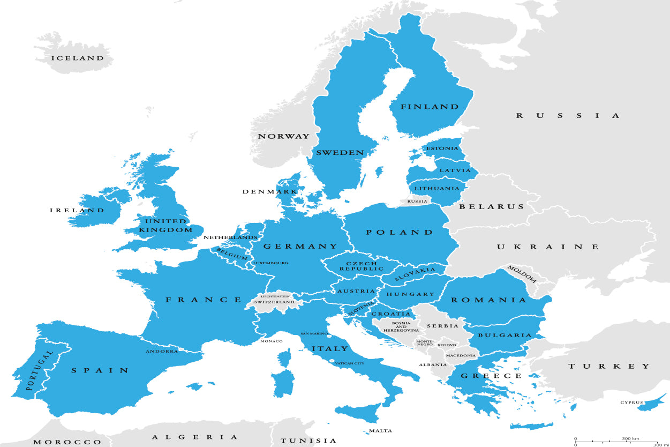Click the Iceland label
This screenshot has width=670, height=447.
coord(77,58)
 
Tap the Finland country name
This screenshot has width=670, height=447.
coord(430,107)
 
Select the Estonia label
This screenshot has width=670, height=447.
coord(442,148)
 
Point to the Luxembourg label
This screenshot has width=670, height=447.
coord(270,263)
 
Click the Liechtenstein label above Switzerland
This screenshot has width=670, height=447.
coord(275,296)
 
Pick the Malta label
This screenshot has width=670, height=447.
coord(380,431)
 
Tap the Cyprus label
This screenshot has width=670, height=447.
coord(632,403)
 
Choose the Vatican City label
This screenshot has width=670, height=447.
coord(349,363)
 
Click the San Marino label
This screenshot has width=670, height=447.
coord(314,333)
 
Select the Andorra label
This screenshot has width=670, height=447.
coord(162,352)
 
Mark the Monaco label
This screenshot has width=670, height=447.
coord(271,341)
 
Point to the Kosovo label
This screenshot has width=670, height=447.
coord(447,345)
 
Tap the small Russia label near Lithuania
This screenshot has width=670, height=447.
coord(417,202)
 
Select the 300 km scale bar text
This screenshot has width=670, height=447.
coord(631,438)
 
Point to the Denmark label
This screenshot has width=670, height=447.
coord(269,191)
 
